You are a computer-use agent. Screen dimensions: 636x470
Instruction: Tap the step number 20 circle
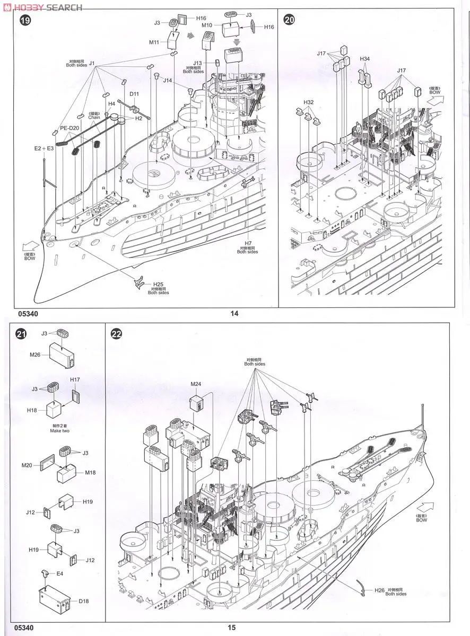(289, 21)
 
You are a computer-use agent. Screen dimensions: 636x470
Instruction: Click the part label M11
(154, 42)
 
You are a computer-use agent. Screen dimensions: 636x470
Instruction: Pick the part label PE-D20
(69, 128)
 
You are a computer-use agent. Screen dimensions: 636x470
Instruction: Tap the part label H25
(159, 284)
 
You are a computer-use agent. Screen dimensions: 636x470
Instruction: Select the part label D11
(134, 94)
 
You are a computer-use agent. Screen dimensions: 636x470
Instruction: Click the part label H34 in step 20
(364, 59)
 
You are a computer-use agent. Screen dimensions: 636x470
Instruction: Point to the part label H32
(309, 102)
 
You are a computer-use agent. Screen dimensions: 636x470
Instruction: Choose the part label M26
(36, 355)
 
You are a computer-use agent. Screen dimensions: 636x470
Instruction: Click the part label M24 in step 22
(196, 384)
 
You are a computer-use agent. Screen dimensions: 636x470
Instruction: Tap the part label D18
(84, 601)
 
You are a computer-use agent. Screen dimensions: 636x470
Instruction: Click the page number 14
(234, 313)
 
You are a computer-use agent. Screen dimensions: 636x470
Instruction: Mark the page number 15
(232, 628)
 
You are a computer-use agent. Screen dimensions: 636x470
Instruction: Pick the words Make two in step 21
(59, 430)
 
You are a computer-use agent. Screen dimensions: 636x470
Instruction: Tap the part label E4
(59, 573)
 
